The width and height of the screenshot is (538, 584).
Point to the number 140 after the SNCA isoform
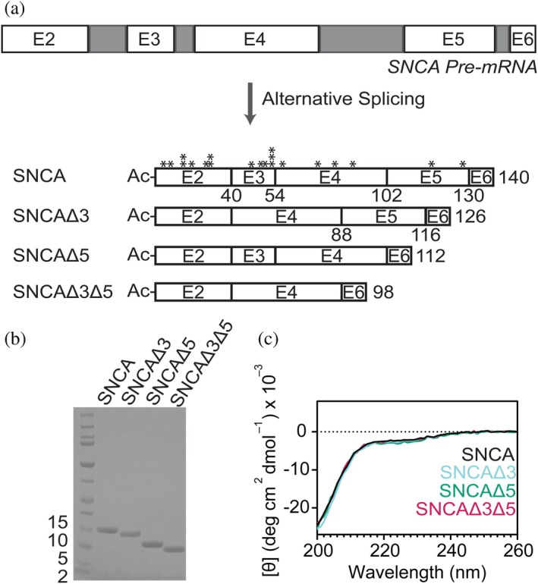512,178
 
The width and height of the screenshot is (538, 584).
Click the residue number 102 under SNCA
380,197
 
